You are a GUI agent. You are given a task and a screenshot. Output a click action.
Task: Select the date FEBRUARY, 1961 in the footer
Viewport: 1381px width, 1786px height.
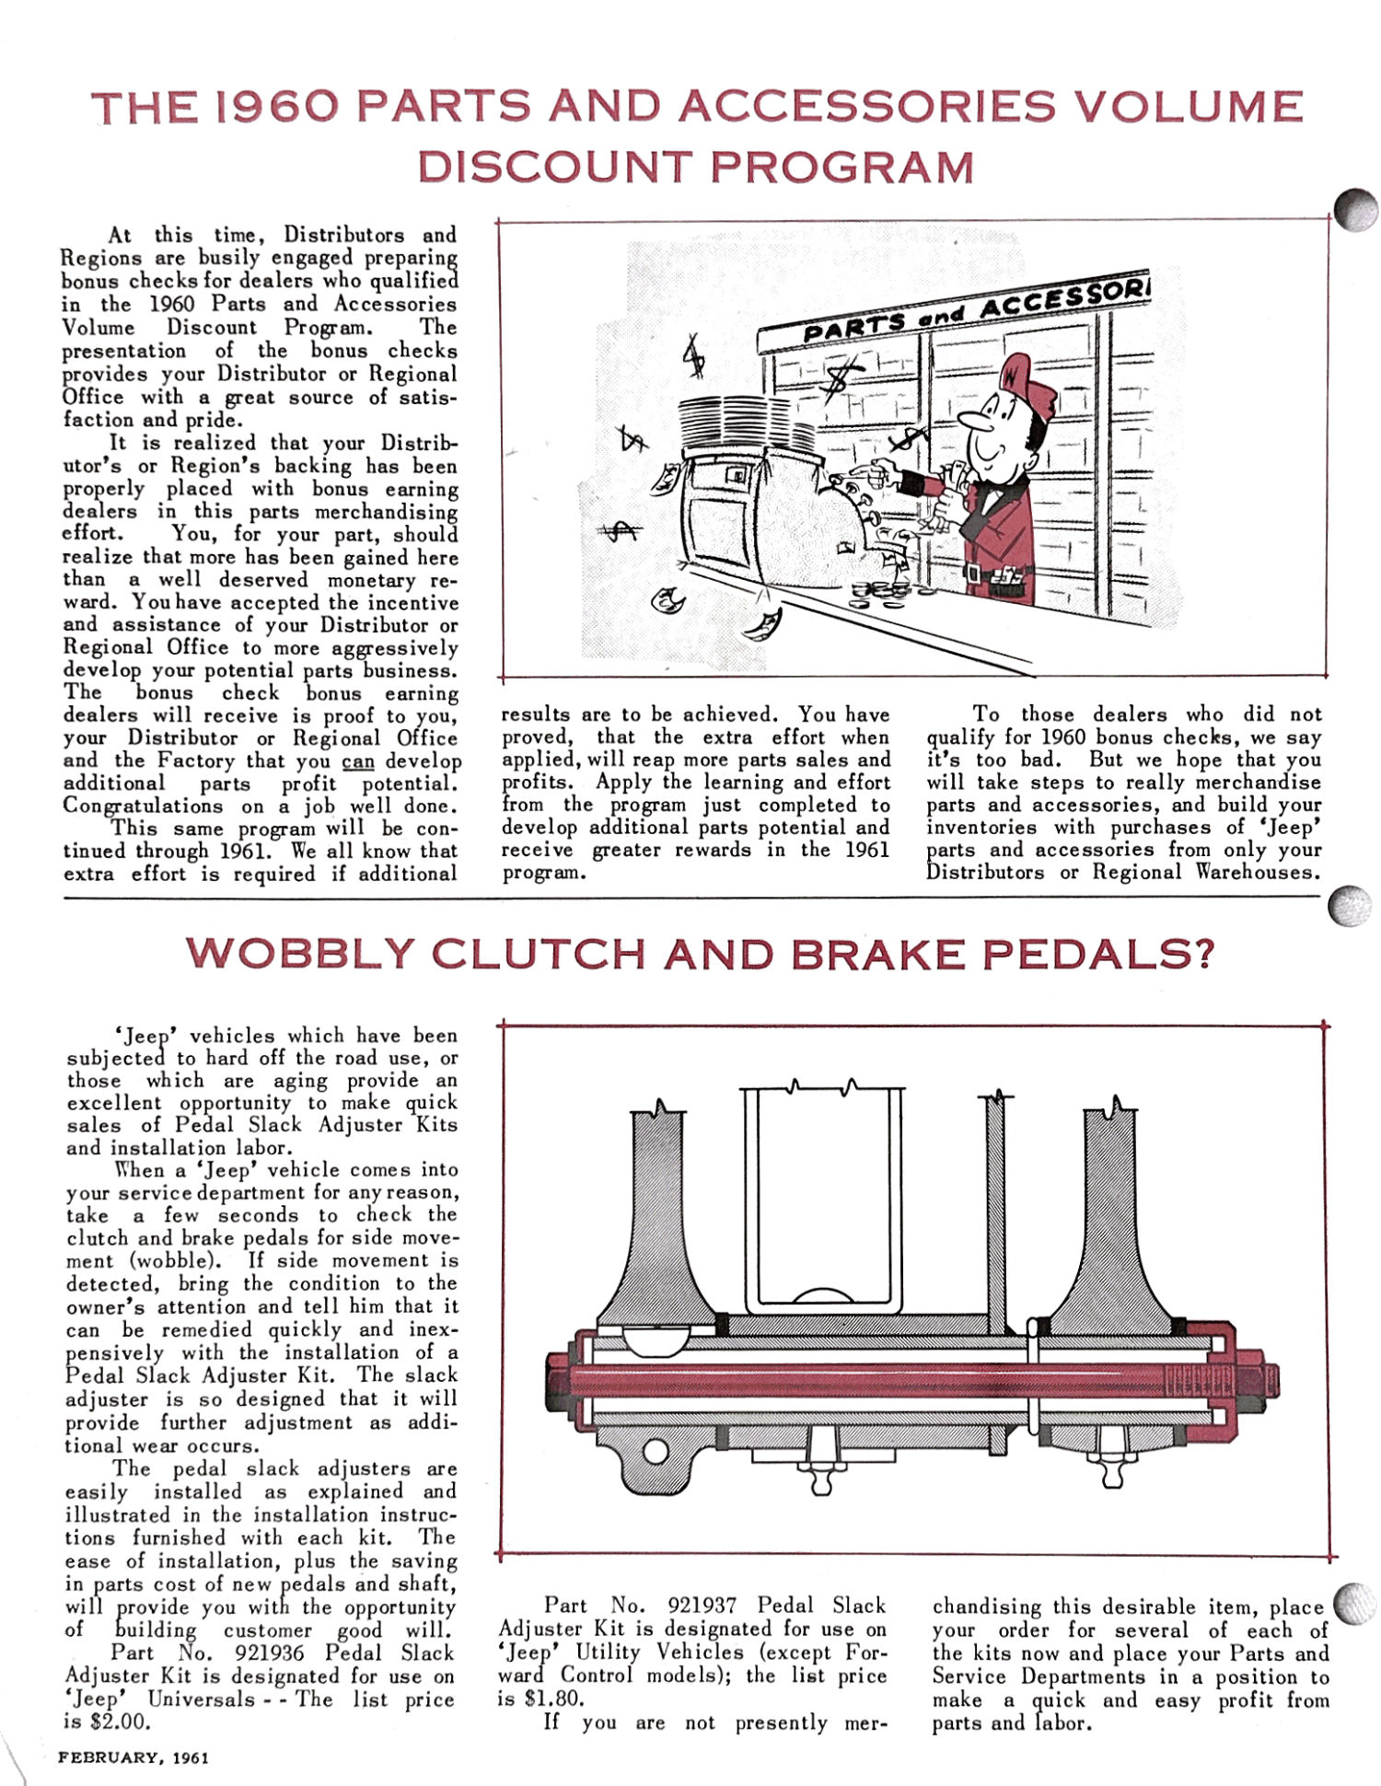pos(134,1757)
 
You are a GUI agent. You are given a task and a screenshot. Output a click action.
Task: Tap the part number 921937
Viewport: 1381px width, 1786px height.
pos(702,1606)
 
